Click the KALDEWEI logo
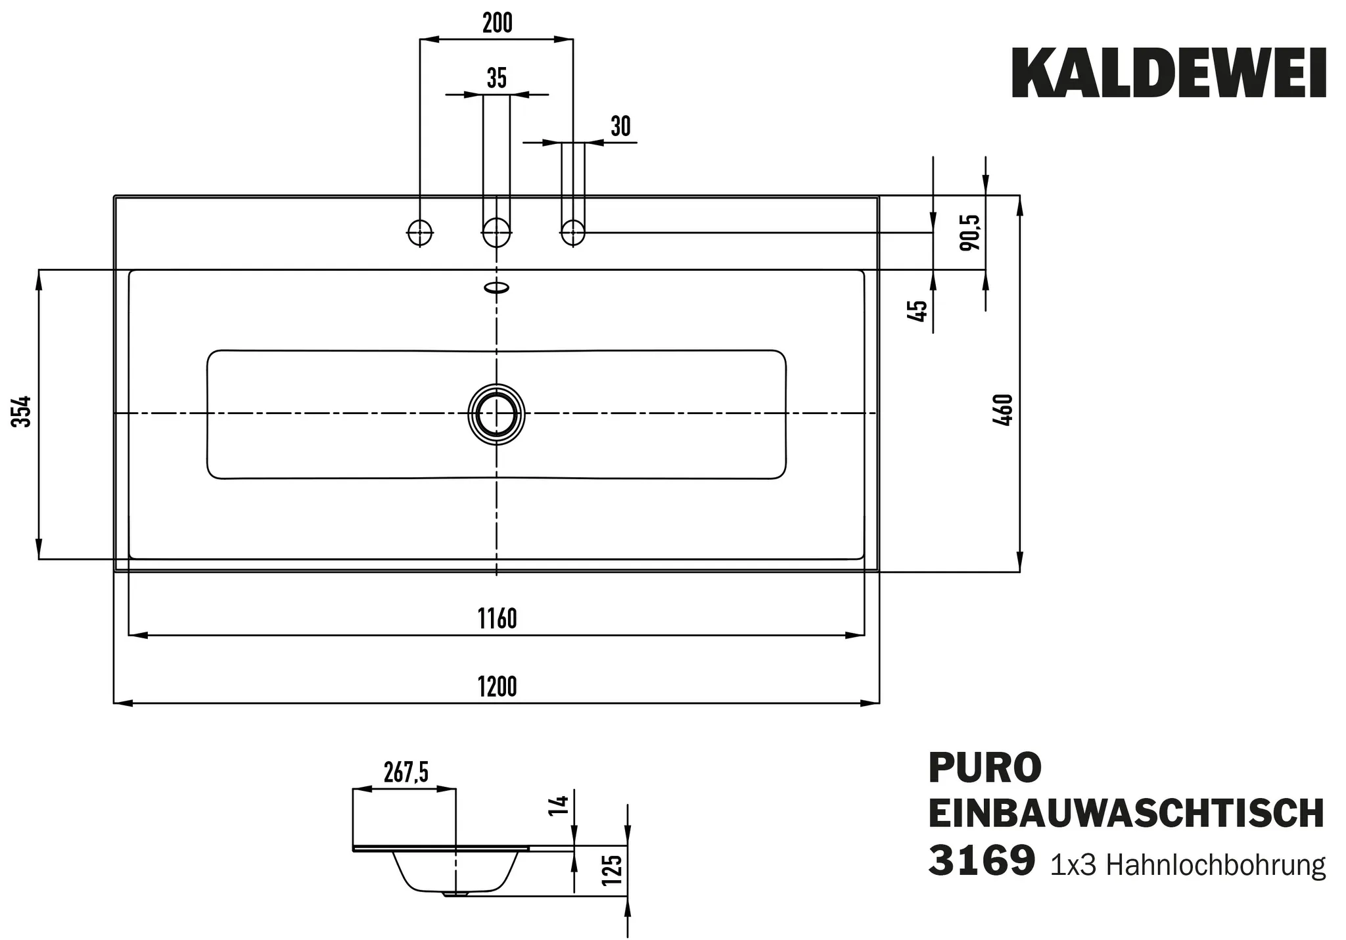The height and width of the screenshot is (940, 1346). [x=1169, y=74]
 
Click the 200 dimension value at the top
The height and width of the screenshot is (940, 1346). [x=497, y=23]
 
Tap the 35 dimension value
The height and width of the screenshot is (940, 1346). [x=497, y=78]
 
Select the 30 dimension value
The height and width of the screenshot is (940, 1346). [x=620, y=126]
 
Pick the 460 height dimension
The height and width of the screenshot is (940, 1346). [x=1004, y=411]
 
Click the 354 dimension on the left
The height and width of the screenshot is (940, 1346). [x=22, y=411]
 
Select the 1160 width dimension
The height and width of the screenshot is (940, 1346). [x=497, y=619]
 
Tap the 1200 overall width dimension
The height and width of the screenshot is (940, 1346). [x=497, y=687]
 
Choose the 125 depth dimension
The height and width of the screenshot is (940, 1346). [x=611, y=870]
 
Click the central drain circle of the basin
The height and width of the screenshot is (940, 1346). [x=497, y=414]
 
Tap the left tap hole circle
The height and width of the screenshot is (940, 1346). [x=420, y=231]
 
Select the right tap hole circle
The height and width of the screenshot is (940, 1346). [x=573, y=231]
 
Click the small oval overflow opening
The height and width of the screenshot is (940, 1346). [x=497, y=287]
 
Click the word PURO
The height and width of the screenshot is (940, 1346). [x=985, y=768]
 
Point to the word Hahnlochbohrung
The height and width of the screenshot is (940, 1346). [x=1216, y=865]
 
